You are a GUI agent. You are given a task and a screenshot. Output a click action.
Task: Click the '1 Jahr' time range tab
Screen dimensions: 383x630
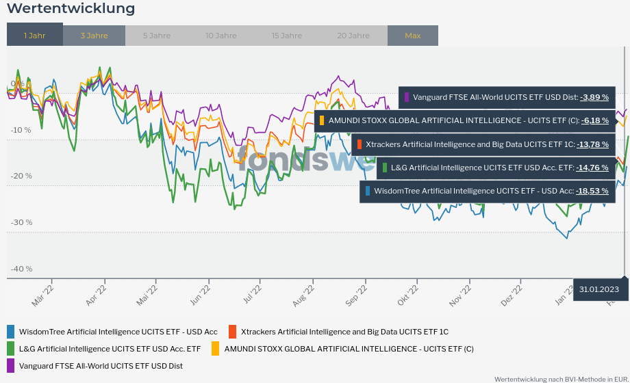pyautogui.click(x=34, y=36)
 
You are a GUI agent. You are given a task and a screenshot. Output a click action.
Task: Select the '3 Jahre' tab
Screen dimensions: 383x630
pyautogui.click(x=94, y=36)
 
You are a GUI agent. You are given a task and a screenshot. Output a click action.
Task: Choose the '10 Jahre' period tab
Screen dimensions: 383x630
pyautogui.click(x=220, y=36)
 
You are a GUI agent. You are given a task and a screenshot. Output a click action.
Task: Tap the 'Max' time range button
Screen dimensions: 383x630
pyautogui.click(x=412, y=36)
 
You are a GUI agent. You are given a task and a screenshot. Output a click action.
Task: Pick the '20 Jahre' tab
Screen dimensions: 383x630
pyautogui.click(x=353, y=36)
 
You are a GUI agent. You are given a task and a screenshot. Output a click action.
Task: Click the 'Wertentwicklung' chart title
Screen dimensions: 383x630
pyautogui.click(x=71, y=9)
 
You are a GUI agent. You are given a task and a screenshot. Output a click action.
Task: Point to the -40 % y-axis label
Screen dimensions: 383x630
pyautogui.click(x=21, y=269)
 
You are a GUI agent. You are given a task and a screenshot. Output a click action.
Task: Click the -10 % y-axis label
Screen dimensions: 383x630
pyautogui.click(x=21, y=130)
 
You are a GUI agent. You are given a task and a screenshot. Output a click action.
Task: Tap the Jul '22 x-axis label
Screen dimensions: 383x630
pyautogui.click(x=253, y=296)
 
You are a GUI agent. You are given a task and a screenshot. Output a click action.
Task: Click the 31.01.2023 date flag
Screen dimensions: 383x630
pyautogui.click(x=598, y=289)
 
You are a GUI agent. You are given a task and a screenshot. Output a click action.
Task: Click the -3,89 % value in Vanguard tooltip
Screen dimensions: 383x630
pyautogui.click(x=594, y=97)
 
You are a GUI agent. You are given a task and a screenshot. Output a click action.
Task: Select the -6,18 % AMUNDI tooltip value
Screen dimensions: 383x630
pyautogui.click(x=594, y=120)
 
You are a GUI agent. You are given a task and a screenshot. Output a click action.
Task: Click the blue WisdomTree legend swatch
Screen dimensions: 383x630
pyautogui.click(x=10, y=332)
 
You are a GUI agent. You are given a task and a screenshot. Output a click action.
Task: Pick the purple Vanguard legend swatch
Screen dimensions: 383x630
pyautogui.click(x=10, y=366)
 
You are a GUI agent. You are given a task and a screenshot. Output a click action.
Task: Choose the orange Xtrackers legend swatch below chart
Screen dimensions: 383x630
pyautogui.click(x=232, y=332)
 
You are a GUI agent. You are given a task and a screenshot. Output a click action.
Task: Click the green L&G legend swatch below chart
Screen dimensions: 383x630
pyautogui.click(x=10, y=349)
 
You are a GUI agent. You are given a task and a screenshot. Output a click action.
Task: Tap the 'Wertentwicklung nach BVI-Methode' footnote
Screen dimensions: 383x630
pyautogui.click(x=561, y=378)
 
